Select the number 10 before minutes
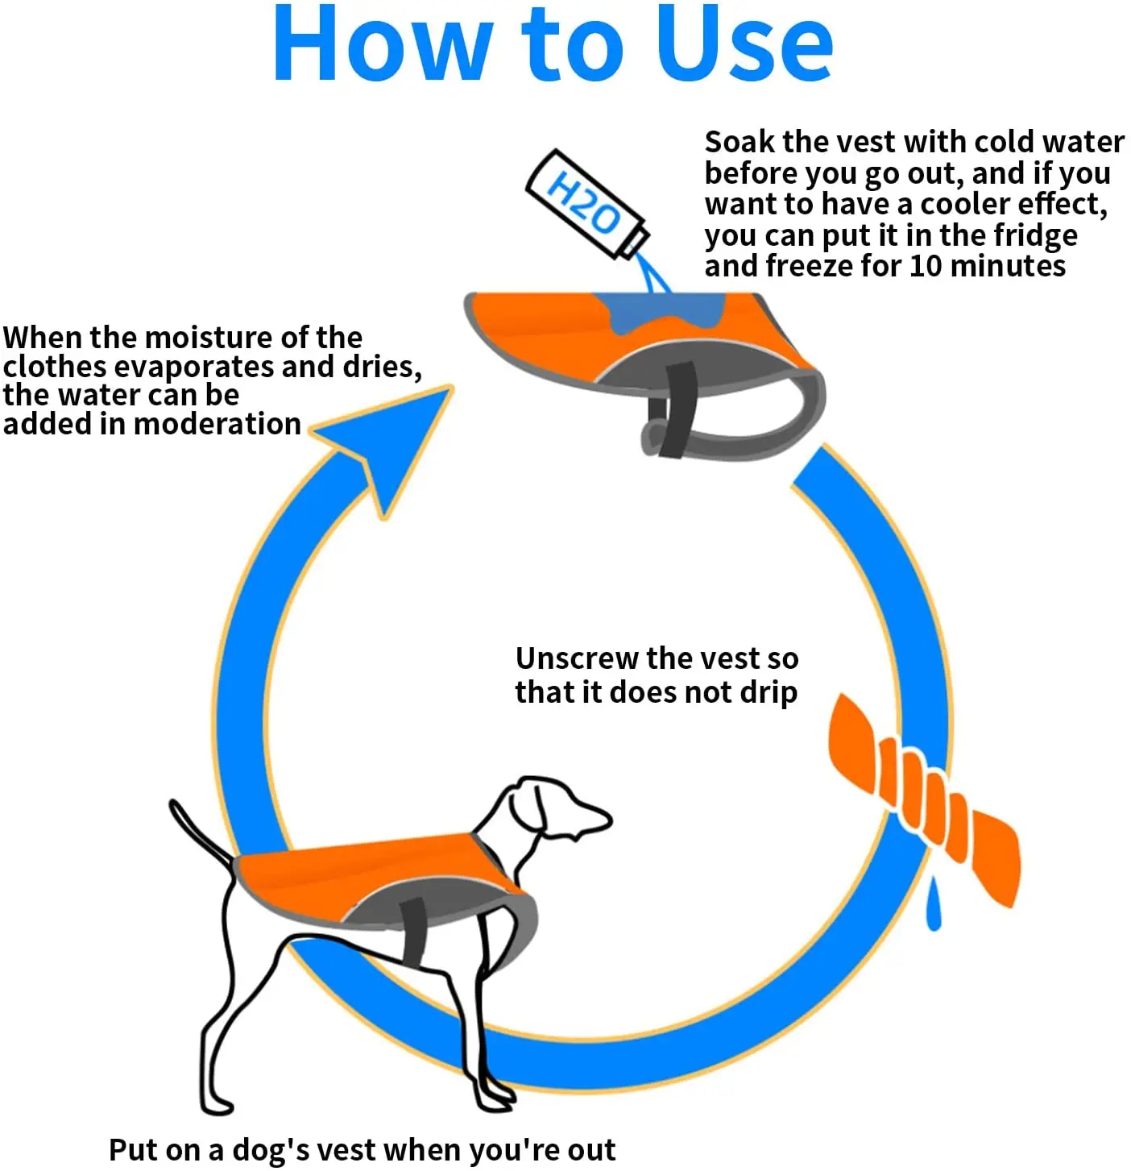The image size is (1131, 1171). tap(926, 265)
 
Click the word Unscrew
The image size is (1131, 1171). tap(577, 658)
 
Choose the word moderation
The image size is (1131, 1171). tap(217, 424)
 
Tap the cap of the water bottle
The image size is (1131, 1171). tap(635, 241)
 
